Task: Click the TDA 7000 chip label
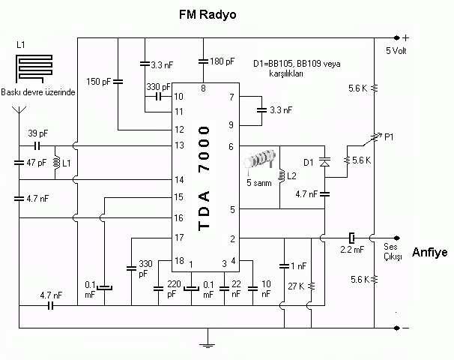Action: click(204, 178)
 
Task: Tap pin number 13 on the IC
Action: click(179, 145)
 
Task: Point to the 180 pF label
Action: click(223, 61)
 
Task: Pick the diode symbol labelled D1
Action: click(325, 161)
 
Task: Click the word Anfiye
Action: click(429, 253)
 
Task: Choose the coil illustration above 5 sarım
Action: click(262, 163)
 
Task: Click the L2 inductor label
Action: click(291, 178)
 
